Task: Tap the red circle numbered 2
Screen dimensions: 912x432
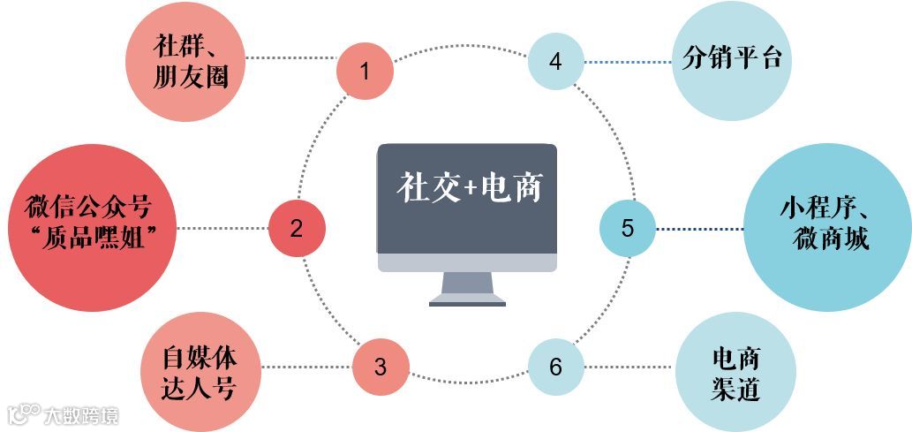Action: (x=297, y=228)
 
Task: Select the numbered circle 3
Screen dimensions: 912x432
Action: (x=381, y=367)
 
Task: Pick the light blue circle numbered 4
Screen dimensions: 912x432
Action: (x=555, y=62)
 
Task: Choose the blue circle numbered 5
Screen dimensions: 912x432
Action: (x=628, y=228)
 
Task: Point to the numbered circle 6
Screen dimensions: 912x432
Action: (x=556, y=367)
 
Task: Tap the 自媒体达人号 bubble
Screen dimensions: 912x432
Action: (x=201, y=372)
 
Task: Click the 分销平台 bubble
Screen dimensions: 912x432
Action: (x=731, y=61)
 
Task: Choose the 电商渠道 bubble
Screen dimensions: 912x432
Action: (x=735, y=373)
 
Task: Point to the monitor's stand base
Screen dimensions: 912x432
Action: (x=467, y=301)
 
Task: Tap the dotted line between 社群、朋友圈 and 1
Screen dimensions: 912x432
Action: (x=290, y=58)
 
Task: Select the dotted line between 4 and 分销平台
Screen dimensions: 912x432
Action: (x=628, y=62)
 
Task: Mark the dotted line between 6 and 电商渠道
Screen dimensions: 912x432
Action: (x=630, y=367)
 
